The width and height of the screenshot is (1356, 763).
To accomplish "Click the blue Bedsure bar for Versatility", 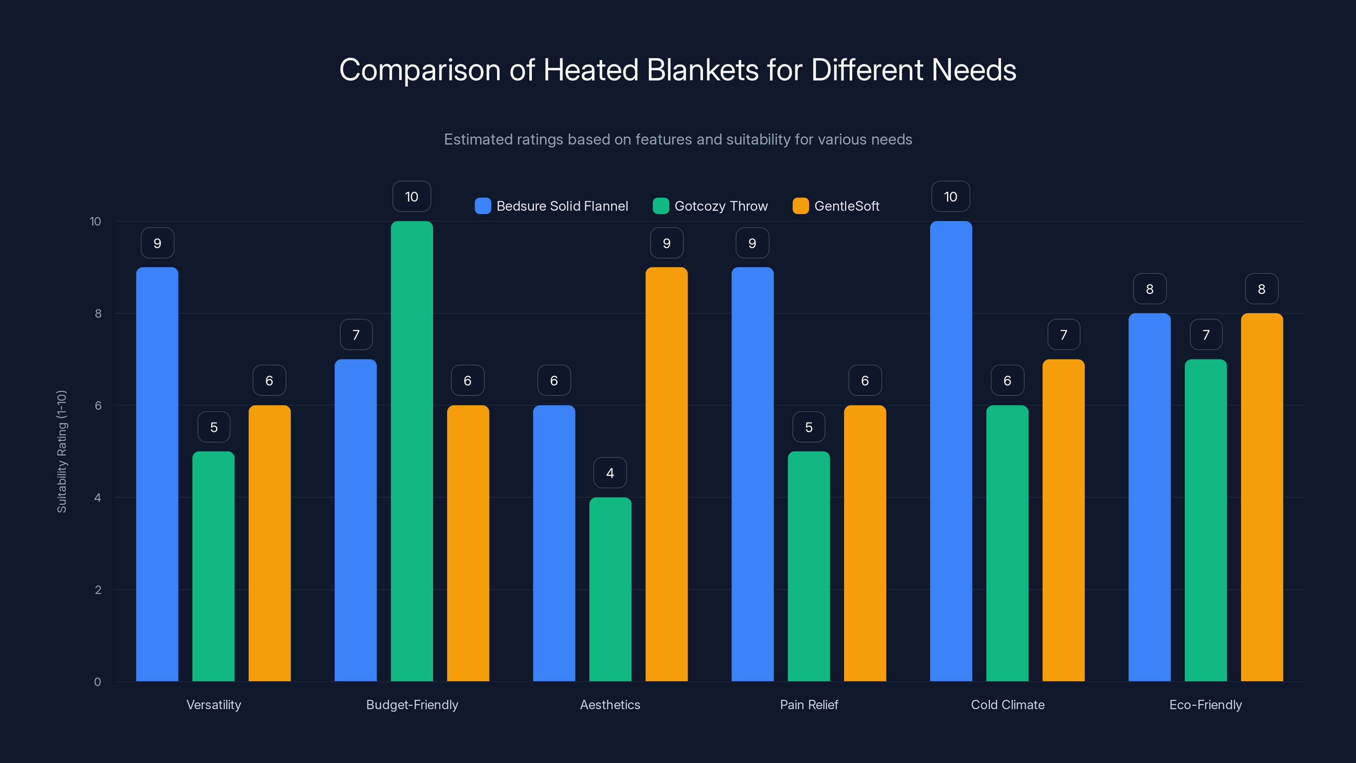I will [157, 474].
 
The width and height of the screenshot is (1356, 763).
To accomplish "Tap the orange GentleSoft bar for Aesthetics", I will [667, 474].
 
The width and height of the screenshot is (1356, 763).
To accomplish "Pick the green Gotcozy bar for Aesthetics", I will [610, 589].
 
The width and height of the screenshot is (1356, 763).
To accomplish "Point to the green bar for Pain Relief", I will [809, 566].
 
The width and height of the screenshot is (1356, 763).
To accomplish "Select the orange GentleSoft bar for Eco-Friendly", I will [1262, 497].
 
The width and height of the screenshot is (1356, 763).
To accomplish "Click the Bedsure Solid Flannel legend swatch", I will [483, 206].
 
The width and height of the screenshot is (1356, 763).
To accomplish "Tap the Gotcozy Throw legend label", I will [721, 206].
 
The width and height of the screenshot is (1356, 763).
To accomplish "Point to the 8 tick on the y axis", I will [98, 313].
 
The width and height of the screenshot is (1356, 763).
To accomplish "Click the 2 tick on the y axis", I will [98, 590].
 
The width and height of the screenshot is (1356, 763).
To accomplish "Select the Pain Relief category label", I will [809, 705].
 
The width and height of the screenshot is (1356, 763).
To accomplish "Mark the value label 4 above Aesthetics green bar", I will [610, 473].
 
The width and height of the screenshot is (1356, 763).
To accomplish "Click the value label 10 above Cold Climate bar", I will [950, 197].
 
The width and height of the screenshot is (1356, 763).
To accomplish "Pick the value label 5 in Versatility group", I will [214, 427].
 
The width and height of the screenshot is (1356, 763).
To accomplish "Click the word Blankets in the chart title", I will [703, 70].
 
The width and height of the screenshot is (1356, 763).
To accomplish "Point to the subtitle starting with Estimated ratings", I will [678, 139].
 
